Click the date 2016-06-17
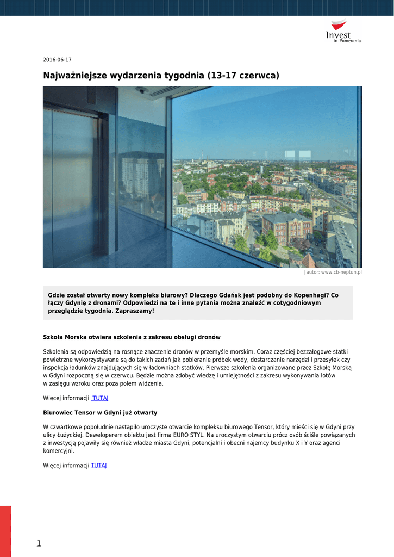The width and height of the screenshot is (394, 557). click(x=57, y=60)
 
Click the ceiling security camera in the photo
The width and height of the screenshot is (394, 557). click(x=142, y=90)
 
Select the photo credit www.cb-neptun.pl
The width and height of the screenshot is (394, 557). click(x=334, y=272)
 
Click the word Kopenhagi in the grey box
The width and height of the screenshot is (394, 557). click(x=310, y=295)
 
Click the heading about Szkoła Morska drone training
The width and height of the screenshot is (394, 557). click(x=132, y=337)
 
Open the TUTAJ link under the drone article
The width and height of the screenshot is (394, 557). click(x=101, y=398)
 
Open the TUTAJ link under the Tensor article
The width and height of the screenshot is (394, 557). click(x=98, y=466)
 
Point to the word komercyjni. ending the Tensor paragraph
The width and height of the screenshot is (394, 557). click(x=58, y=451)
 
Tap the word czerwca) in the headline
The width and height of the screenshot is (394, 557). click(x=260, y=76)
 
